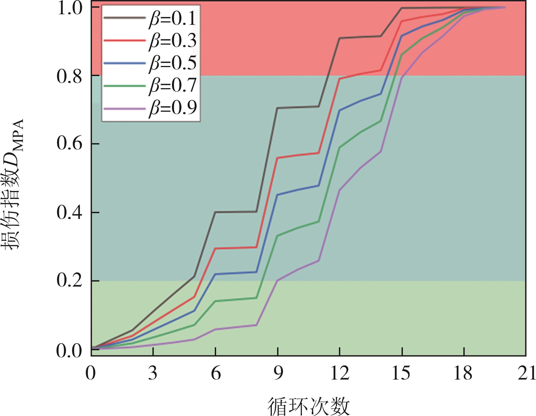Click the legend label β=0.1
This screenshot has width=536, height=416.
click(x=173, y=19)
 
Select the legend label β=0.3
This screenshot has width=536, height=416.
click(x=173, y=41)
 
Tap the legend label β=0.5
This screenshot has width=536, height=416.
click(x=173, y=63)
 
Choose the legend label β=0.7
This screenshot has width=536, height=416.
click(x=173, y=85)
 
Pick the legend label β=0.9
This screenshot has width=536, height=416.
click(x=173, y=108)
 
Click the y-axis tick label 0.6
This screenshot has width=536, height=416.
click(x=69, y=144)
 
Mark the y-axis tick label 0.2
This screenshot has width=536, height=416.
click(x=69, y=281)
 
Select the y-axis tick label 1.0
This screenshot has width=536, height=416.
click(x=69, y=8)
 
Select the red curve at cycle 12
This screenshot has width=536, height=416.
click(x=340, y=79)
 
